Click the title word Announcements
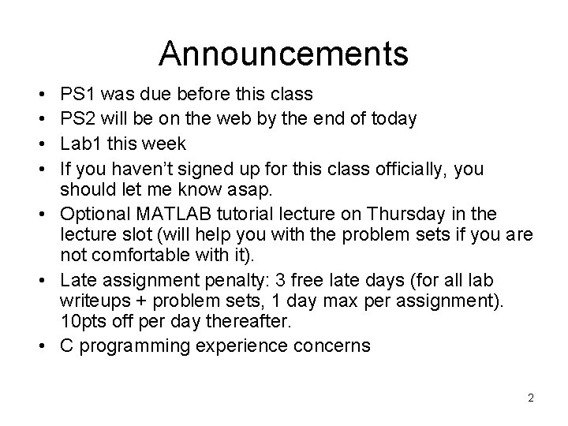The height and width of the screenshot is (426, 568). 283,54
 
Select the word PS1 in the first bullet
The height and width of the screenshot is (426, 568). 78,95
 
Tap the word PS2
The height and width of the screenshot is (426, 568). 78,120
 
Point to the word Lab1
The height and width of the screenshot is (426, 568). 80,144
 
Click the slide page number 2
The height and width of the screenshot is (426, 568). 531,398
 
